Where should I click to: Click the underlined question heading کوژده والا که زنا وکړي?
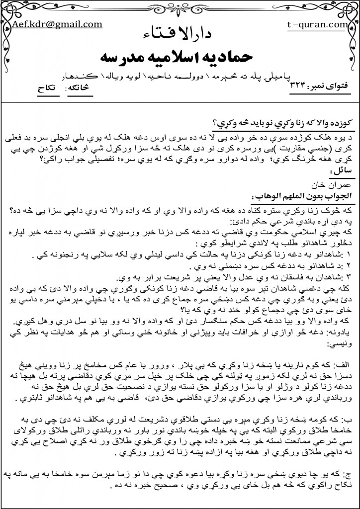[284, 123]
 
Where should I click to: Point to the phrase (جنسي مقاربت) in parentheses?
[312, 146]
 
